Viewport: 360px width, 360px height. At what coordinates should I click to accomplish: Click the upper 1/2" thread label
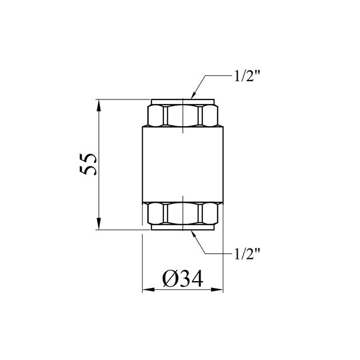coord(247,76)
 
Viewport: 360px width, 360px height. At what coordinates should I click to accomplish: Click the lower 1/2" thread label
coord(247,254)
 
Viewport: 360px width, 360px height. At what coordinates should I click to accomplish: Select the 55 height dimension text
coord(88,165)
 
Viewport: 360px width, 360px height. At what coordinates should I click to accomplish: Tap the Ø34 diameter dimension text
coord(183,278)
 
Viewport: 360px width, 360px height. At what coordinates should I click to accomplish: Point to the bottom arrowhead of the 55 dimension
coord(99,223)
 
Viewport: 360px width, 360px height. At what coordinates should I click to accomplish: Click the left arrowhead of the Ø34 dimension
coord(149,290)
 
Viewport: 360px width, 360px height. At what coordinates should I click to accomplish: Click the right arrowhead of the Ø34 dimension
coord(217,290)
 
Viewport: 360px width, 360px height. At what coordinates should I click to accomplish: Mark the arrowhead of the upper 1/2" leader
coord(194,95)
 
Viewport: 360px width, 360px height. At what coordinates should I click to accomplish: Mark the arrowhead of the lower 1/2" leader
coord(194,234)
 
